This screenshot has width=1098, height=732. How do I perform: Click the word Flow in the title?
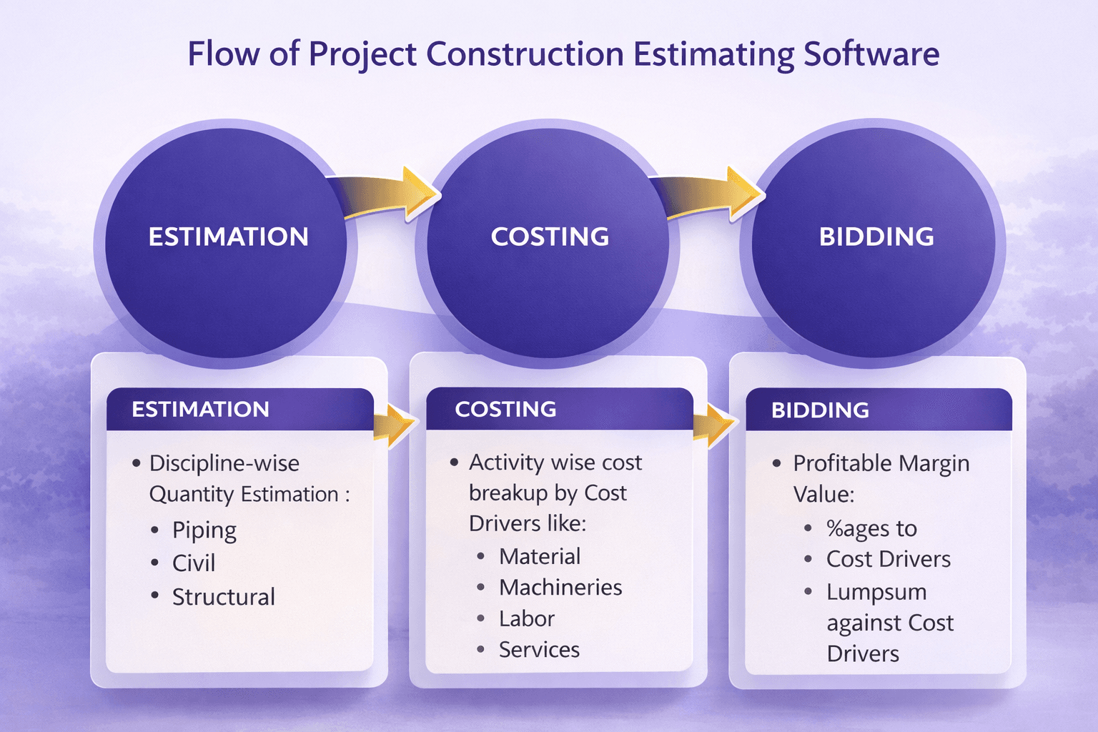coord(224,53)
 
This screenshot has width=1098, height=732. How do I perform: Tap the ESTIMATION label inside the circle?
coord(229,237)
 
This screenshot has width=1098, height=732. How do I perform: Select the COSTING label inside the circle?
coord(550,237)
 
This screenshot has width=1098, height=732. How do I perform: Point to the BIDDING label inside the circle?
coord(876,237)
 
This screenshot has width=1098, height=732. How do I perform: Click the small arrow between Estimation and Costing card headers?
coord(395,425)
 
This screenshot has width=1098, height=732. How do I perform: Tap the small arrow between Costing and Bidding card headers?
coord(715,425)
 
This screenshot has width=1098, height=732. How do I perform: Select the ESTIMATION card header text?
coord(200,410)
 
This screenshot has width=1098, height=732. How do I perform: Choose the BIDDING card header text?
coord(820,410)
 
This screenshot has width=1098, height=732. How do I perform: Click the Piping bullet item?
coord(204,530)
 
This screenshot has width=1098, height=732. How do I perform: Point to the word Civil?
coord(194,563)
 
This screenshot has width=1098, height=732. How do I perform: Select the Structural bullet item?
coord(224,597)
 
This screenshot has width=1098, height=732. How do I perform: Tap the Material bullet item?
coord(540,556)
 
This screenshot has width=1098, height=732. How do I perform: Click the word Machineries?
coord(560,588)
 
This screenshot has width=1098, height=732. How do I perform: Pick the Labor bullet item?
coord(526,618)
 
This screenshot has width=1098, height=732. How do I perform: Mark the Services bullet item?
coord(539,650)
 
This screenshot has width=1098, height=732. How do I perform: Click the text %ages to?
coord(871,528)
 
